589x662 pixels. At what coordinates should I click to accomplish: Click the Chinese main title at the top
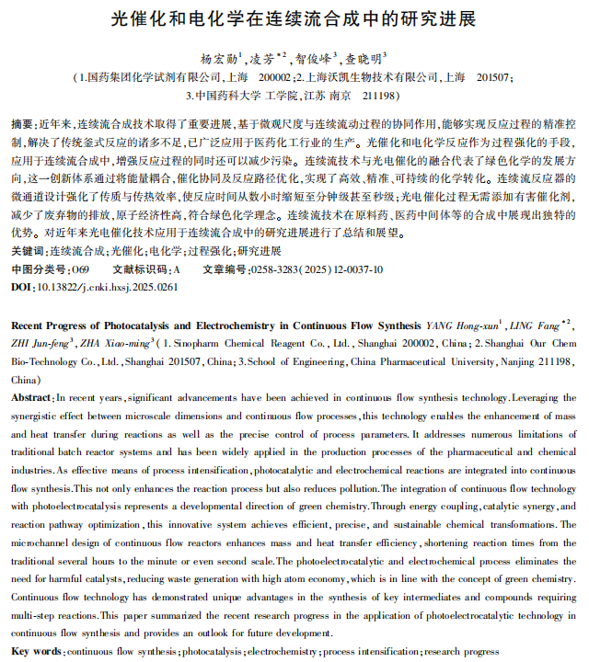(x=294, y=18)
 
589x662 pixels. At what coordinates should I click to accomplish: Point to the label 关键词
(x=27, y=251)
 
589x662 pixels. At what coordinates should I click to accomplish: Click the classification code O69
(x=80, y=269)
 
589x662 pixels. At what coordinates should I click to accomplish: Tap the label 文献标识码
(x=140, y=269)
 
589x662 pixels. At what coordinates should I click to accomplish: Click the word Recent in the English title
(x=29, y=325)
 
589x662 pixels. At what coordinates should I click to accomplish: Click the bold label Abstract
(x=31, y=397)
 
